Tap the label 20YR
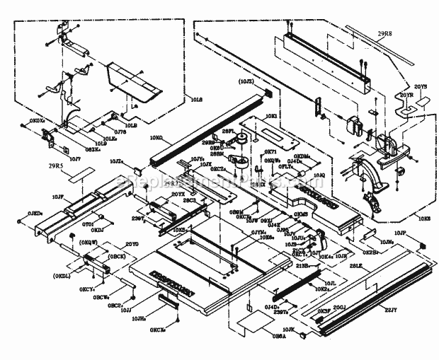406,93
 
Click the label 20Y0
132,244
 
